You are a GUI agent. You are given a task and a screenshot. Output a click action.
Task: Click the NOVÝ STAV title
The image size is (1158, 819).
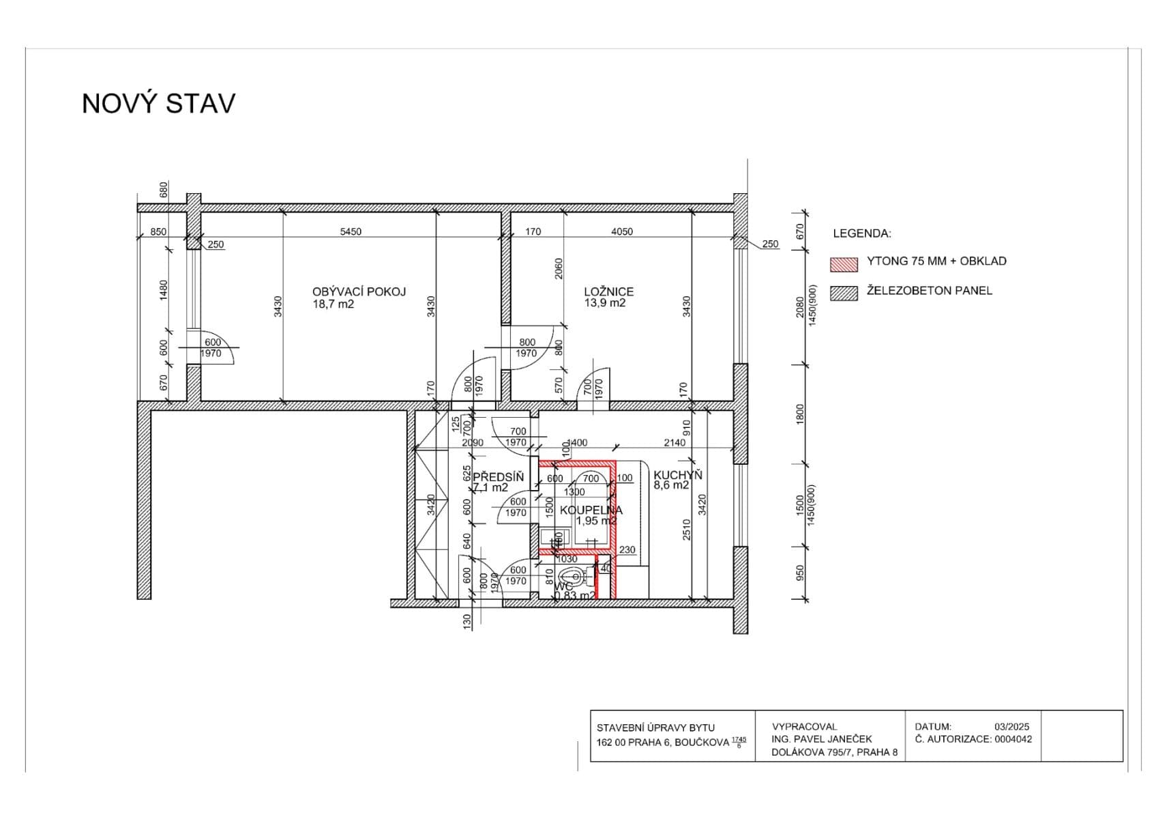[158, 104]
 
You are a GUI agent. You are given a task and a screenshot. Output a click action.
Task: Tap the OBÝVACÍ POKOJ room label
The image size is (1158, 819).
[359, 291]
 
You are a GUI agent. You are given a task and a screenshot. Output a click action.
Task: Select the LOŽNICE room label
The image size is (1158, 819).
[608, 291]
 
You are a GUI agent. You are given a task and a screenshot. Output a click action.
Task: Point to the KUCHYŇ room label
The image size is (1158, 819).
[677, 475]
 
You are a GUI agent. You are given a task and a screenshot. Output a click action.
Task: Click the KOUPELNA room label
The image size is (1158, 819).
[591, 510]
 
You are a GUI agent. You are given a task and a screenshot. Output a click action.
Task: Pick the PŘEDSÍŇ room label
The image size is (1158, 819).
[498, 476]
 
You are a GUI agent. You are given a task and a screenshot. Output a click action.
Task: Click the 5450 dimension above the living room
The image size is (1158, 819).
[351, 231]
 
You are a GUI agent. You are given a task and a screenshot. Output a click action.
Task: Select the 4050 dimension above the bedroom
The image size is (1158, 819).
[621, 231]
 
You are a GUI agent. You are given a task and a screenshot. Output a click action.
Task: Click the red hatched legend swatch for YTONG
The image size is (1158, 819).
[844, 263]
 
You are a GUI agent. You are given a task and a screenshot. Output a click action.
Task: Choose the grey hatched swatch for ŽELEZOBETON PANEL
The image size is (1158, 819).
[844, 293]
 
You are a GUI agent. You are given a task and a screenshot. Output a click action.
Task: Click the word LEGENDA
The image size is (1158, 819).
[861, 233]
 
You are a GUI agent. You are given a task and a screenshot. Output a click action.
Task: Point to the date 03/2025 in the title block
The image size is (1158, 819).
[1011, 727]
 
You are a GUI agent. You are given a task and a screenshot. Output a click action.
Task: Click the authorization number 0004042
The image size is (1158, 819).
[1013, 739]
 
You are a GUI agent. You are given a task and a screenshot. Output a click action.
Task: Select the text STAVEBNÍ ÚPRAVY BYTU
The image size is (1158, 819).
[655, 728]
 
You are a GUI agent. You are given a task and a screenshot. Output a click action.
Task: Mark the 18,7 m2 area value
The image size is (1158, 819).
[333, 304]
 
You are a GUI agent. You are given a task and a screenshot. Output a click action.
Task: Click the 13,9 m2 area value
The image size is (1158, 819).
[604, 303]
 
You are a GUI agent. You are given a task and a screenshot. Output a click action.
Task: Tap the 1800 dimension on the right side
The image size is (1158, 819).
[801, 414]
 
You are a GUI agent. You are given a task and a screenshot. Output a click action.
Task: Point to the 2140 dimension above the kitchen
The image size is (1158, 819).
[674, 442]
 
